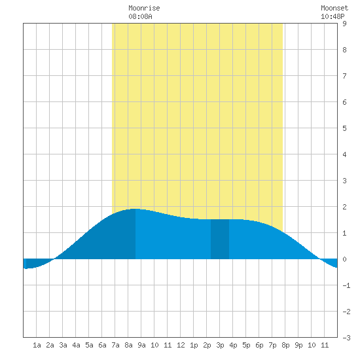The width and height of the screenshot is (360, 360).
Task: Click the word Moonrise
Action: [144, 8]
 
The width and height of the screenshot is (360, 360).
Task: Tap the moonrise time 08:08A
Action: [140, 16]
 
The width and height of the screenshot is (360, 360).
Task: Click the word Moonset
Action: [334, 8]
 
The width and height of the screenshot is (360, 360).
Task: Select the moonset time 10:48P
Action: [333, 16]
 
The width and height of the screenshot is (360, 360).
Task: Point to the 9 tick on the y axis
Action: [344, 24]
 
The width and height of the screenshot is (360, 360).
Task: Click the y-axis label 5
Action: [344, 128]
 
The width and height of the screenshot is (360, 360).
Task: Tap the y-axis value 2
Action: [344, 207]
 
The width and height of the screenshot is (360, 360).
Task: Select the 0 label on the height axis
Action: [344, 259]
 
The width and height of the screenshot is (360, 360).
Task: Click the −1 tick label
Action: [346, 285]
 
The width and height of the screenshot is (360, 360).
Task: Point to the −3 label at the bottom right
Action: [346, 338]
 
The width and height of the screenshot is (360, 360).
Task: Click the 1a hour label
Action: [37, 345]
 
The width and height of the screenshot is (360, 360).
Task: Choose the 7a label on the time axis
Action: [115, 345]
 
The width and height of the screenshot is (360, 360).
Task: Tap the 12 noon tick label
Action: [181, 345]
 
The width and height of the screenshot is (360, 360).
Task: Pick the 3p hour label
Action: [220, 345]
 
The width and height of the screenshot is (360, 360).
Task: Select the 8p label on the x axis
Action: [285, 345]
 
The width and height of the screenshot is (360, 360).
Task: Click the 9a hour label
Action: [141, 345]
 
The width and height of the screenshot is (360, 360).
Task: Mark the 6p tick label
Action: [259, 345]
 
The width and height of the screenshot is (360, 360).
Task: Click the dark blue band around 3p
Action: [220, 239]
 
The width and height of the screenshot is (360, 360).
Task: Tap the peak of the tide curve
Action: [135, 209]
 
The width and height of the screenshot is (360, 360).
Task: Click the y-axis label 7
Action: [344, 76]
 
